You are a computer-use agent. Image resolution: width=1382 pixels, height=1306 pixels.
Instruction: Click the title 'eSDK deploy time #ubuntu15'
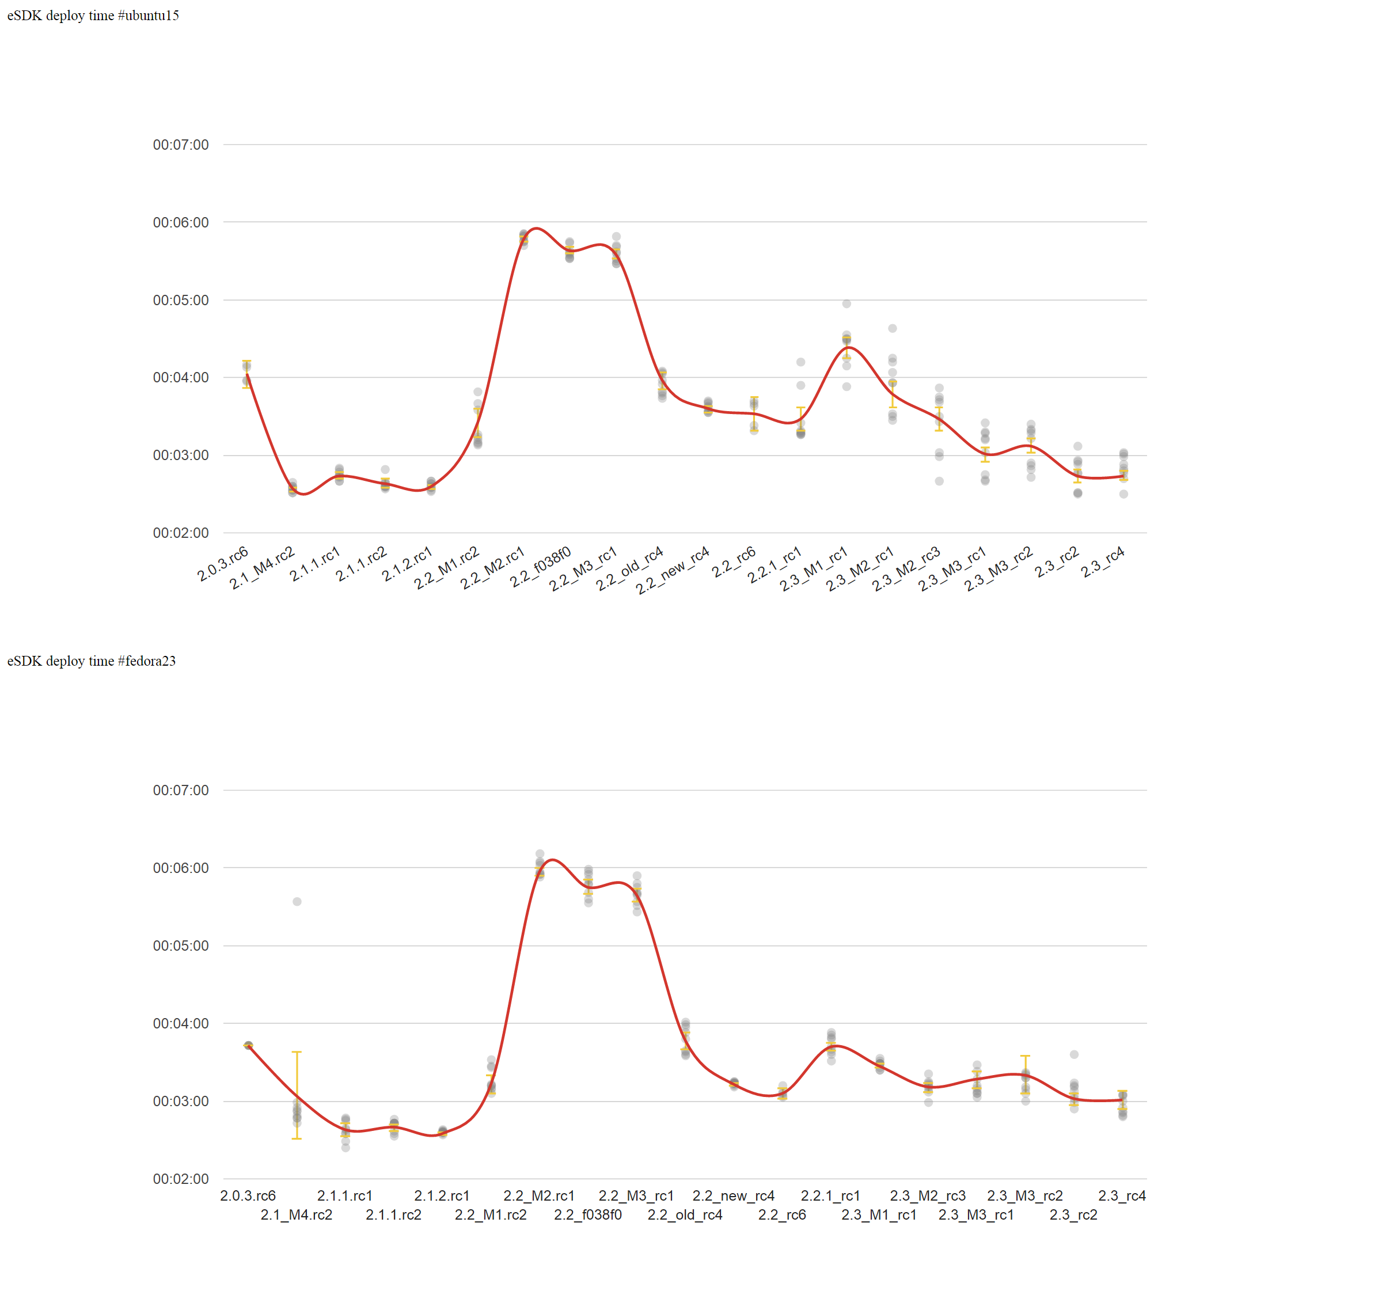coord(93,16)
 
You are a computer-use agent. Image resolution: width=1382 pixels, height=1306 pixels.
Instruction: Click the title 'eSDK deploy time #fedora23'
coord(91,660)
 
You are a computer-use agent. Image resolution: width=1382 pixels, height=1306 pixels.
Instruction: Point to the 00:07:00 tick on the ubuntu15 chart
coord(180,145)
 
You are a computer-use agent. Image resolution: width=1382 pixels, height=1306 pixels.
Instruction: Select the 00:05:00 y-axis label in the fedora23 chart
coord(180,946)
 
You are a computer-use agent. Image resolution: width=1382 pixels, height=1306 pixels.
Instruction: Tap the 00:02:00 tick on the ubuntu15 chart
coord(180,533)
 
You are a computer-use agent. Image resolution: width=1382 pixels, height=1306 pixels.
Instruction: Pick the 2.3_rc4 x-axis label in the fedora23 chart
coord(1122,1195)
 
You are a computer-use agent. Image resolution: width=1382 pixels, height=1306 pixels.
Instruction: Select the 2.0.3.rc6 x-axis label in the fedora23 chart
coord(248,1195)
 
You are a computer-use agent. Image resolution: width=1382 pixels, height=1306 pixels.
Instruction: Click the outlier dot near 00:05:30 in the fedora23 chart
coord(297,902)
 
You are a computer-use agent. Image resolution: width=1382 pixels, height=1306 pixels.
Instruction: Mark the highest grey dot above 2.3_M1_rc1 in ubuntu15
coord(846,303)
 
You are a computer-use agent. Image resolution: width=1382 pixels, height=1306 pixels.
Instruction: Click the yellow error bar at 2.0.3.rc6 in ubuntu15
coord(246,374)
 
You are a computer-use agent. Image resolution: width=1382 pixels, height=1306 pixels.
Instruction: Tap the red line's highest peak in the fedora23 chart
coord(552,860)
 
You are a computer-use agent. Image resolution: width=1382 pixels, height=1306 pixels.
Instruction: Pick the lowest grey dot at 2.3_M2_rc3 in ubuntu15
coord(939,481)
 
